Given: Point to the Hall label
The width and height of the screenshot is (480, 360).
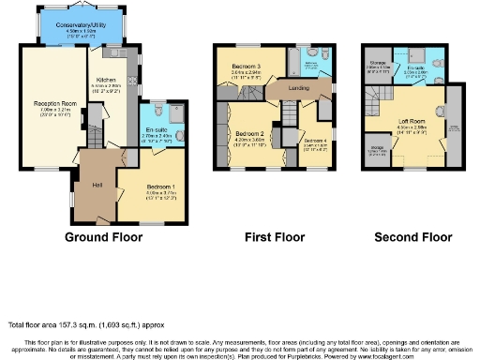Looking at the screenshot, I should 97,184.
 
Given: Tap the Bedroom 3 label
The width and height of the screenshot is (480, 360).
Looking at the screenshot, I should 247,67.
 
